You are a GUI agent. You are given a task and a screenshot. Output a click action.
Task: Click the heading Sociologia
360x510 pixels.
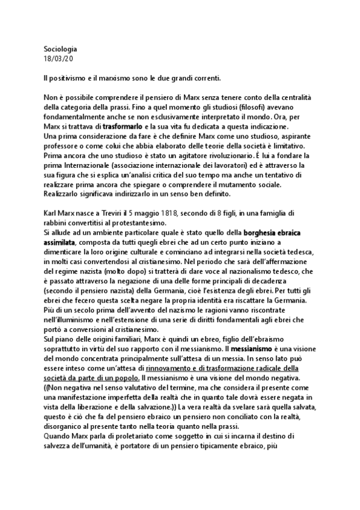(x=61, y=48)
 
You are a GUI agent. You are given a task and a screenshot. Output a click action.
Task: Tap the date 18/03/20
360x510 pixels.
(x=58, y=58)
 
